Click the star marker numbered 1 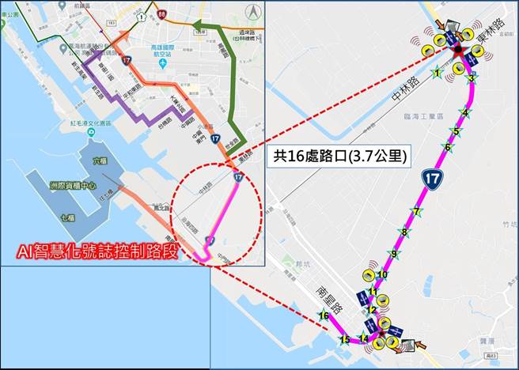pos(437,74)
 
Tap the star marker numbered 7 pos(416,211)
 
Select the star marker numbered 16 pos(323,315)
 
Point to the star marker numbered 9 pos(392,254)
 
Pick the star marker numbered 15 pos(344,340)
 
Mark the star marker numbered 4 pos(465,113)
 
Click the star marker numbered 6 pos(448,147)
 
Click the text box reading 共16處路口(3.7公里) pos(340,156)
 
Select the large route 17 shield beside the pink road pos(432,179)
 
